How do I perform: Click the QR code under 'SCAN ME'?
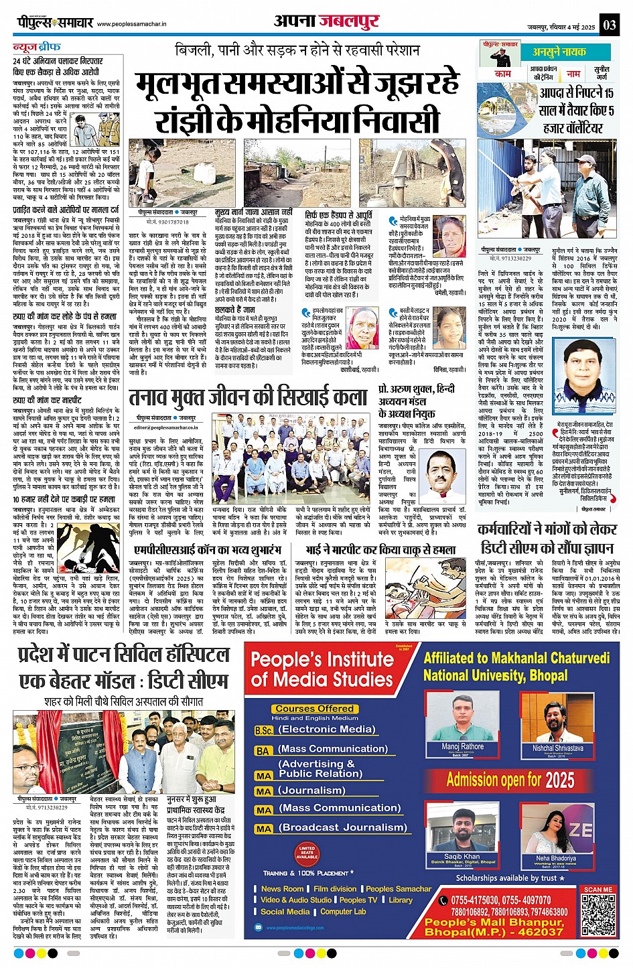click(x=598, y=914)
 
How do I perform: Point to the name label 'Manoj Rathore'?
click(x=462, y=746)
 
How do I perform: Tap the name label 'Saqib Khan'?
click(x=462, y=856)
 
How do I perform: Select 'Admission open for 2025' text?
click(x=510, y=780)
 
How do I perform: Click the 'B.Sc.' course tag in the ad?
click(x=264, y=730)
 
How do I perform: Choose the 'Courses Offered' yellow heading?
click(x=314, y=709)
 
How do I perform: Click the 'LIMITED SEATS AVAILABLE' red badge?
click(x=307, y=852)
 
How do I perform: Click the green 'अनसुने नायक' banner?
click(x=559, y=52)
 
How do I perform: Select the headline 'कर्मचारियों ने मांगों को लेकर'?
click(x=547, y=529)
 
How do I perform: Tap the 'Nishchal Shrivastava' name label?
click(x=557, y=748)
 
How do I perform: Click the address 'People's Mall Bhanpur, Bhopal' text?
click(x=494, y=927)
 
